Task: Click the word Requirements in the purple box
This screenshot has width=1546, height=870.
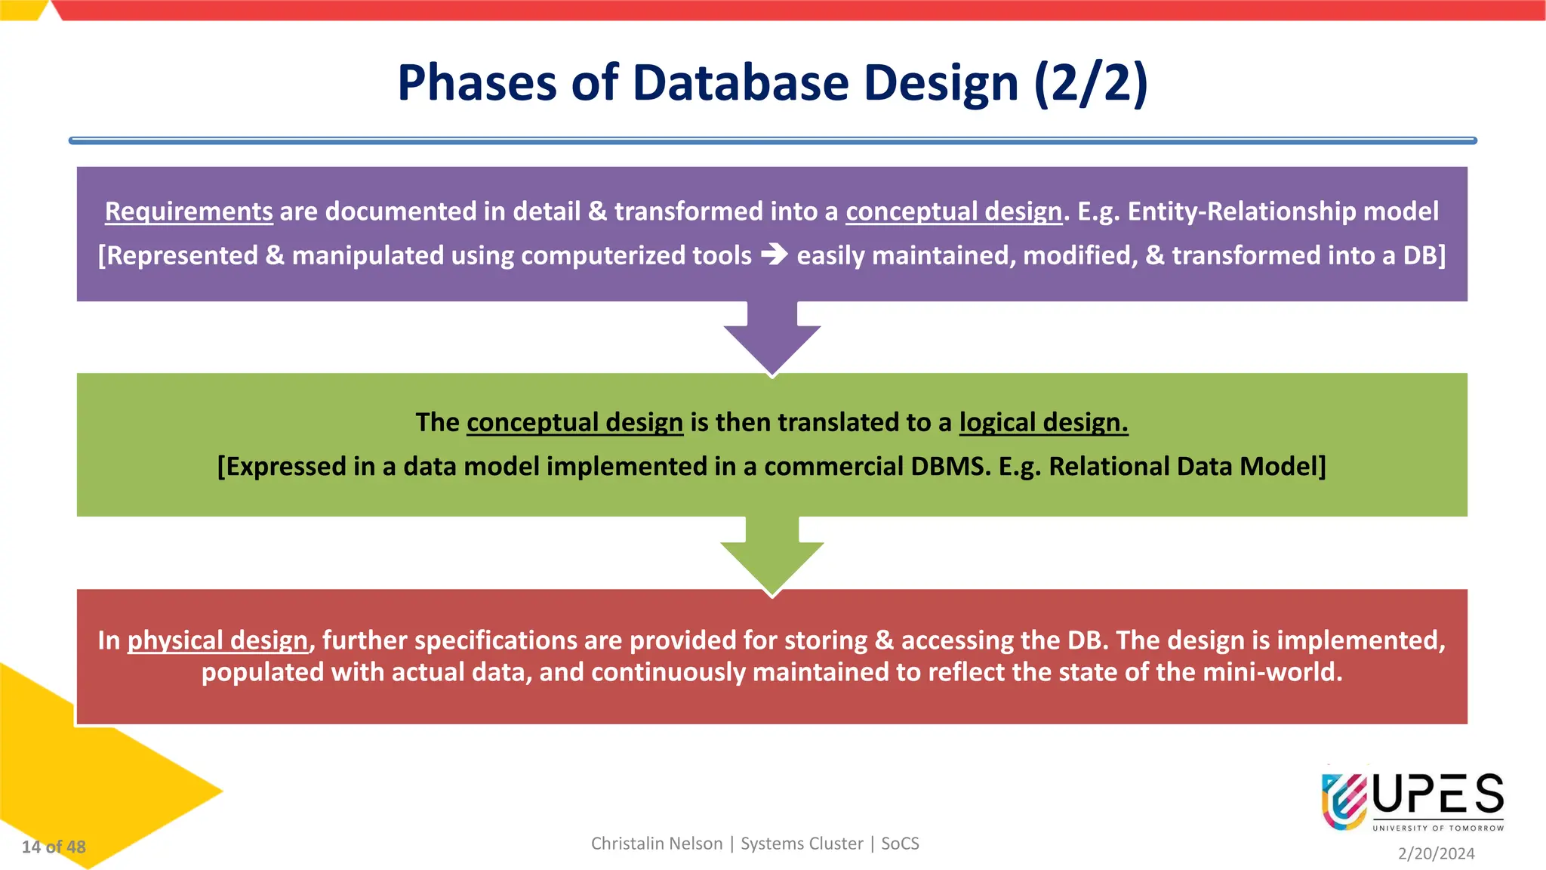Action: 189,211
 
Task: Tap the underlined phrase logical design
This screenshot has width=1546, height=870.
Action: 1043,422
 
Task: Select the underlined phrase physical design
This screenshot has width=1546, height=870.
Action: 217,640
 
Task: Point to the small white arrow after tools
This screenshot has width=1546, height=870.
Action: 775,255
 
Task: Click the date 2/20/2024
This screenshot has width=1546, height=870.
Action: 1436,853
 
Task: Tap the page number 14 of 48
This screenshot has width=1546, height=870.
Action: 54,847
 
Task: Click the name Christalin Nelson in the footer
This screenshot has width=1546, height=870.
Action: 657,844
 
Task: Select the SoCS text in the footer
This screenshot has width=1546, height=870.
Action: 900,844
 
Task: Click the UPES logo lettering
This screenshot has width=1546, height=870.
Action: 1438,794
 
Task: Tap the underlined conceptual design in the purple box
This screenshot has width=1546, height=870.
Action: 953,211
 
